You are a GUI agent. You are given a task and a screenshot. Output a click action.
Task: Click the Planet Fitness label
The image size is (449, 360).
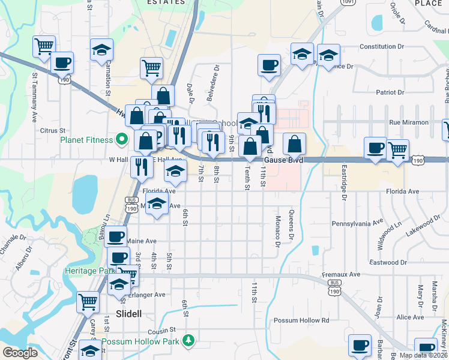86,140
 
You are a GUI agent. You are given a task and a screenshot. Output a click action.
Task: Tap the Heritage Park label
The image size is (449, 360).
89,271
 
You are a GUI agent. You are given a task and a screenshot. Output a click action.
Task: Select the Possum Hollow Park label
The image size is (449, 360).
141,341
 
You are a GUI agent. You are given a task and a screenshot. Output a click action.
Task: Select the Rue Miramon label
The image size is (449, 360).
409,122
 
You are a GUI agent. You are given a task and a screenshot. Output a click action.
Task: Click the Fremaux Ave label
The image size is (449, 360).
340,274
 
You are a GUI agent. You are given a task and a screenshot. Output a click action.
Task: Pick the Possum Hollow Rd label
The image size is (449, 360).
301,320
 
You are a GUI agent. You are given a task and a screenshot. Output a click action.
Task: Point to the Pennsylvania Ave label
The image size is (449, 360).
358,223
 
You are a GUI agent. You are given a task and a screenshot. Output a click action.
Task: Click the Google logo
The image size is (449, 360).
20,353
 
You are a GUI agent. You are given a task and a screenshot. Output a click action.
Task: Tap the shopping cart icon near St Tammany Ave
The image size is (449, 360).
44,46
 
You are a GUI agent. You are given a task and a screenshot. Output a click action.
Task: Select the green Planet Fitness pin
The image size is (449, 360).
121,140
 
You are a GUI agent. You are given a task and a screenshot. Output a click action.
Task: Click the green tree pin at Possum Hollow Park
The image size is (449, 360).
190,341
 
